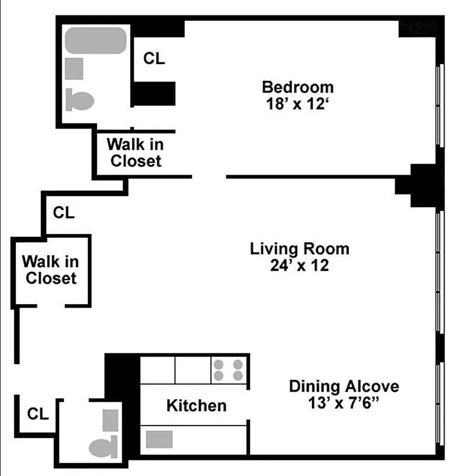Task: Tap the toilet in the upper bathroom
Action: (x=80, y=99)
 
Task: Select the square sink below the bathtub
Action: (x=74, y=68)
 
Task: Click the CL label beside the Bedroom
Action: (x=154, y=59)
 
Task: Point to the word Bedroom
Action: (x=298, y=87)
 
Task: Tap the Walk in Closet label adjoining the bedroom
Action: (x=136, y=152)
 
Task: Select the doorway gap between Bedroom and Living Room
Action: (x=209, y=176)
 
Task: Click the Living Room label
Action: (x=299, y=248)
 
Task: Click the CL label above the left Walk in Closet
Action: (x=64, y=212)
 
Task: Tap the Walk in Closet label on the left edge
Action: (x=51, y=270)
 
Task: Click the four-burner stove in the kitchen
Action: (x=228, y=369)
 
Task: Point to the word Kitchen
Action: (x=196, y=406)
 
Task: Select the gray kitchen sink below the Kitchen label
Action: (x=159, y=440)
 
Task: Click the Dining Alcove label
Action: (x=344, y=386)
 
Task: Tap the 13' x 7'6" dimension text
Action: (x=344, y=403)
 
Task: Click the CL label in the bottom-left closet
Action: (x=37, y=413)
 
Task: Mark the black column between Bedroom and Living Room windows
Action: (x=423, y=185)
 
